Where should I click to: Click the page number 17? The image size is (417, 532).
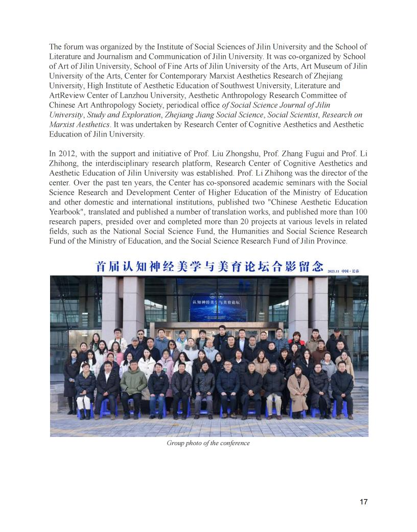coord(363,501)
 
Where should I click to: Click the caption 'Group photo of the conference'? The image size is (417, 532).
coord(208,443)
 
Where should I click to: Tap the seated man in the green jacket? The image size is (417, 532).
coord(133,384)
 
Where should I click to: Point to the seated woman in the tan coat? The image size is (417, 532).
coord(298,387)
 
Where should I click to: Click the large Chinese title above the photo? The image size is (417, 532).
coord(209,267)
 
